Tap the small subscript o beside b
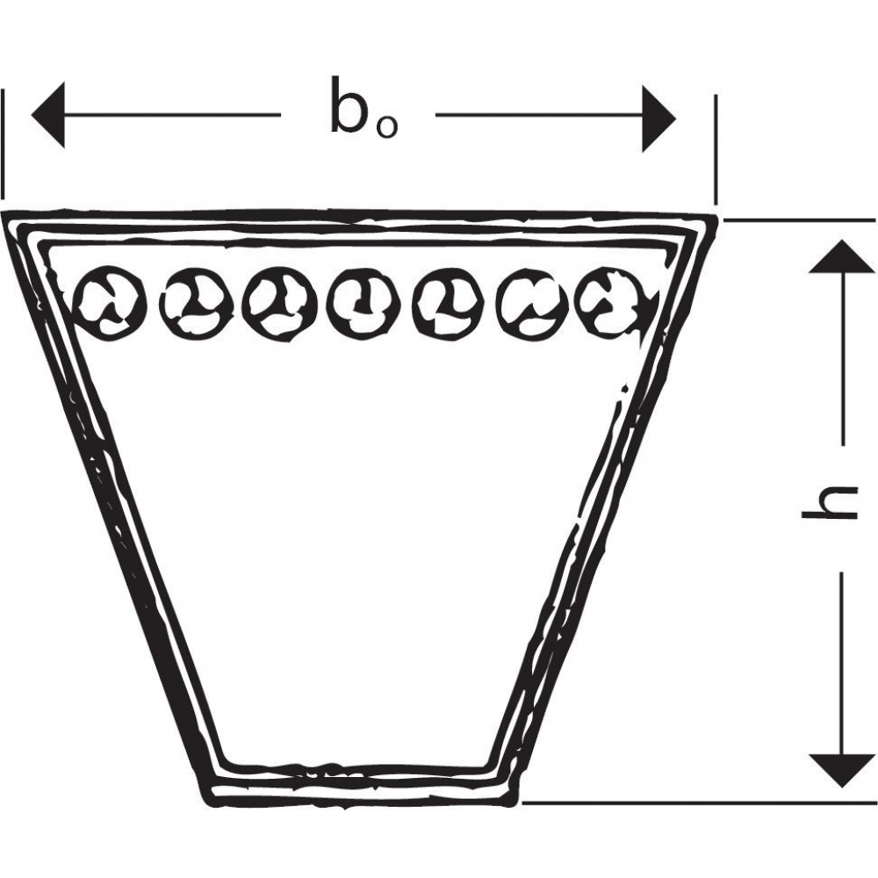pos(387,127)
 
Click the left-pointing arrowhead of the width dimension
pos(48,115)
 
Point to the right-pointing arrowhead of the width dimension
pos(659,119)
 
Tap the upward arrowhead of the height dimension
pos(842,256)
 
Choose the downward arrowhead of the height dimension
pos(842,771)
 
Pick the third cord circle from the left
pos(281,302)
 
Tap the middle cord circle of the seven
pos(364,304)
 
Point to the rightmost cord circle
pos(613,302)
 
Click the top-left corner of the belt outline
pos(4,213)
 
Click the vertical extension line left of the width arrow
pos(3,145)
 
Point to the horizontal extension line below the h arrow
pos(699,802)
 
